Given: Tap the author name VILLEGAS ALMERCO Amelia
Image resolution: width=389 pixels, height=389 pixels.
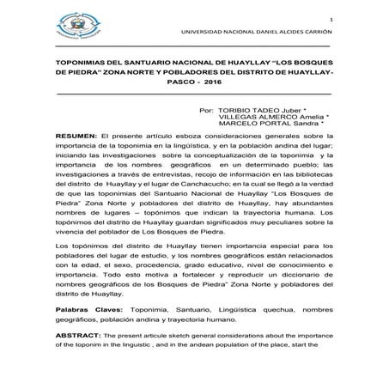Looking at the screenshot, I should point(276,119).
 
